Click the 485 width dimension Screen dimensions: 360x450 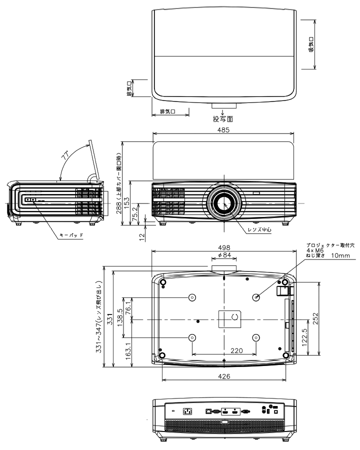tap(223, 130)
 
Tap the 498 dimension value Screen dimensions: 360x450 tap(224, 247)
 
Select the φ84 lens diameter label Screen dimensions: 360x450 tap(224, 255)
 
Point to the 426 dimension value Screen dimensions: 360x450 tap(224, 376)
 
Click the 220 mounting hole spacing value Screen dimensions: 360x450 tap(236, 350)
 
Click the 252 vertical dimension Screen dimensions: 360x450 tap(315, 318)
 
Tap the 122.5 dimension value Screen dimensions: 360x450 tap(304, 337)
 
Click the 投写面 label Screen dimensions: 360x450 tap(223, 119)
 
